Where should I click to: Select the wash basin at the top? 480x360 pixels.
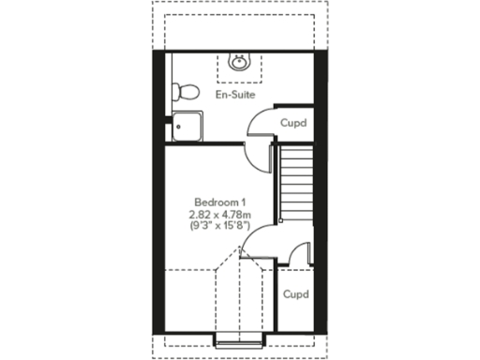240,63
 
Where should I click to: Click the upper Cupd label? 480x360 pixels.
293,123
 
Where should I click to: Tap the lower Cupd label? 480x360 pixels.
296,294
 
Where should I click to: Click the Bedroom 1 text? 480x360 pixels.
219,202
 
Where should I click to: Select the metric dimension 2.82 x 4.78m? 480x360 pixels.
219,215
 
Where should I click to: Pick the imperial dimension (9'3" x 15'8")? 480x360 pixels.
219,227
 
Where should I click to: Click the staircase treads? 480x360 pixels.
295,184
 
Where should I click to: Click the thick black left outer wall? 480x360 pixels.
160,187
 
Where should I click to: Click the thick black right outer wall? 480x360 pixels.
319,187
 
